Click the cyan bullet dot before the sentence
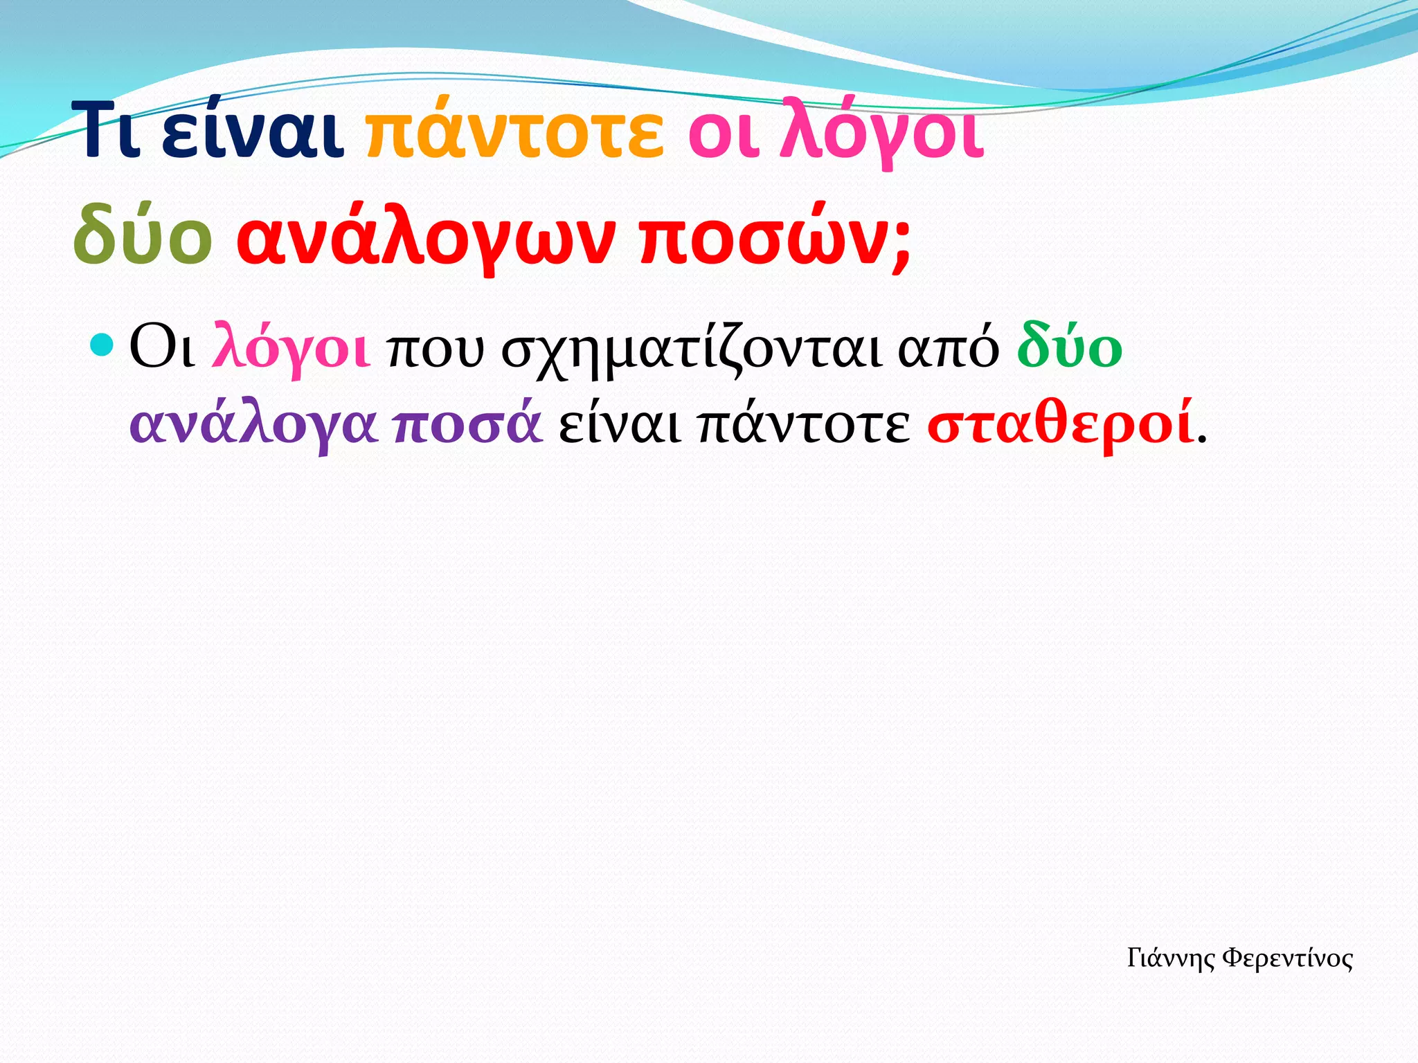(101, 344)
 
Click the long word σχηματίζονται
(692, 349)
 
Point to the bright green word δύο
(1070, 346)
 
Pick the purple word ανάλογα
(253, 424)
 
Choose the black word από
(949, 349)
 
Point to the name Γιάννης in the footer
(1171, 958)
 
